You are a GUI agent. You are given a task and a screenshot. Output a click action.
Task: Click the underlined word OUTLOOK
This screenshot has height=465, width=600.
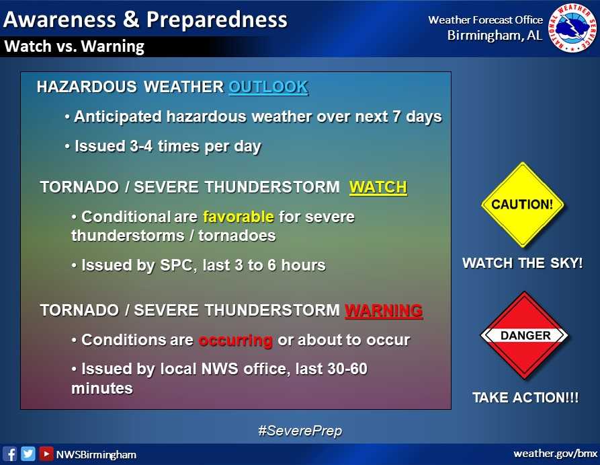coord(268,87)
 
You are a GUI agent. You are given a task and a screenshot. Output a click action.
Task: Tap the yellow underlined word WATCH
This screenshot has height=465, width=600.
coord(378,186)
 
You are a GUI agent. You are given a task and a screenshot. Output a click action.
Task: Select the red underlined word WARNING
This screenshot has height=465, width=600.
coord(384,310)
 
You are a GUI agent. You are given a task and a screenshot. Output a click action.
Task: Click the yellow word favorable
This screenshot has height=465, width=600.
coord(238,217)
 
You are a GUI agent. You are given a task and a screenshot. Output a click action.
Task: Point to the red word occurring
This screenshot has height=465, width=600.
coord(235,340)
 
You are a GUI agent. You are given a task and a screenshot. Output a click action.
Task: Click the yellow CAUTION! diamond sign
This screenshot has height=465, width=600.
coord(522,205)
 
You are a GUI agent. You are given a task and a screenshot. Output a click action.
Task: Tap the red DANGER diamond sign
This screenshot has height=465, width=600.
coord(525,335)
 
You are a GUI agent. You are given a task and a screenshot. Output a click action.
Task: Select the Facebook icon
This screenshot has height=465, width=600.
coord(10,454)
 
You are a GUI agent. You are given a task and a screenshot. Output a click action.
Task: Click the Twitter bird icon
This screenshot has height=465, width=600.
coord(28,454)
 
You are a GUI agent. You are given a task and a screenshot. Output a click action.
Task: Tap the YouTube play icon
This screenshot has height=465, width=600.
coord(46,454)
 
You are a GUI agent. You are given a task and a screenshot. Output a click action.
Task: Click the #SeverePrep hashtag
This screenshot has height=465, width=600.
coord(300,431)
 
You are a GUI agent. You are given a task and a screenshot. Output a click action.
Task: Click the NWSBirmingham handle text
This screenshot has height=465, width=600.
coord(96,454)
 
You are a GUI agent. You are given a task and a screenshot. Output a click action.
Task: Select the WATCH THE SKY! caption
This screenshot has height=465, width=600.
coord(522,263)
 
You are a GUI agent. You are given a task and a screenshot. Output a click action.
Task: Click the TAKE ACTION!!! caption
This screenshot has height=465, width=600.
coord(525,398)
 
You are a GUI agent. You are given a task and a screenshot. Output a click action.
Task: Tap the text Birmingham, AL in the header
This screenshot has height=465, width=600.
coord(495,36)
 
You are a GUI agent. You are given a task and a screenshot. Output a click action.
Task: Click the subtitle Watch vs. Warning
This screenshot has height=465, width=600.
coord(74,46)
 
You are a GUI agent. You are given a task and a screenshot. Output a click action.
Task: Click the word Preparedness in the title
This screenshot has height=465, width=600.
coord(216,19)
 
